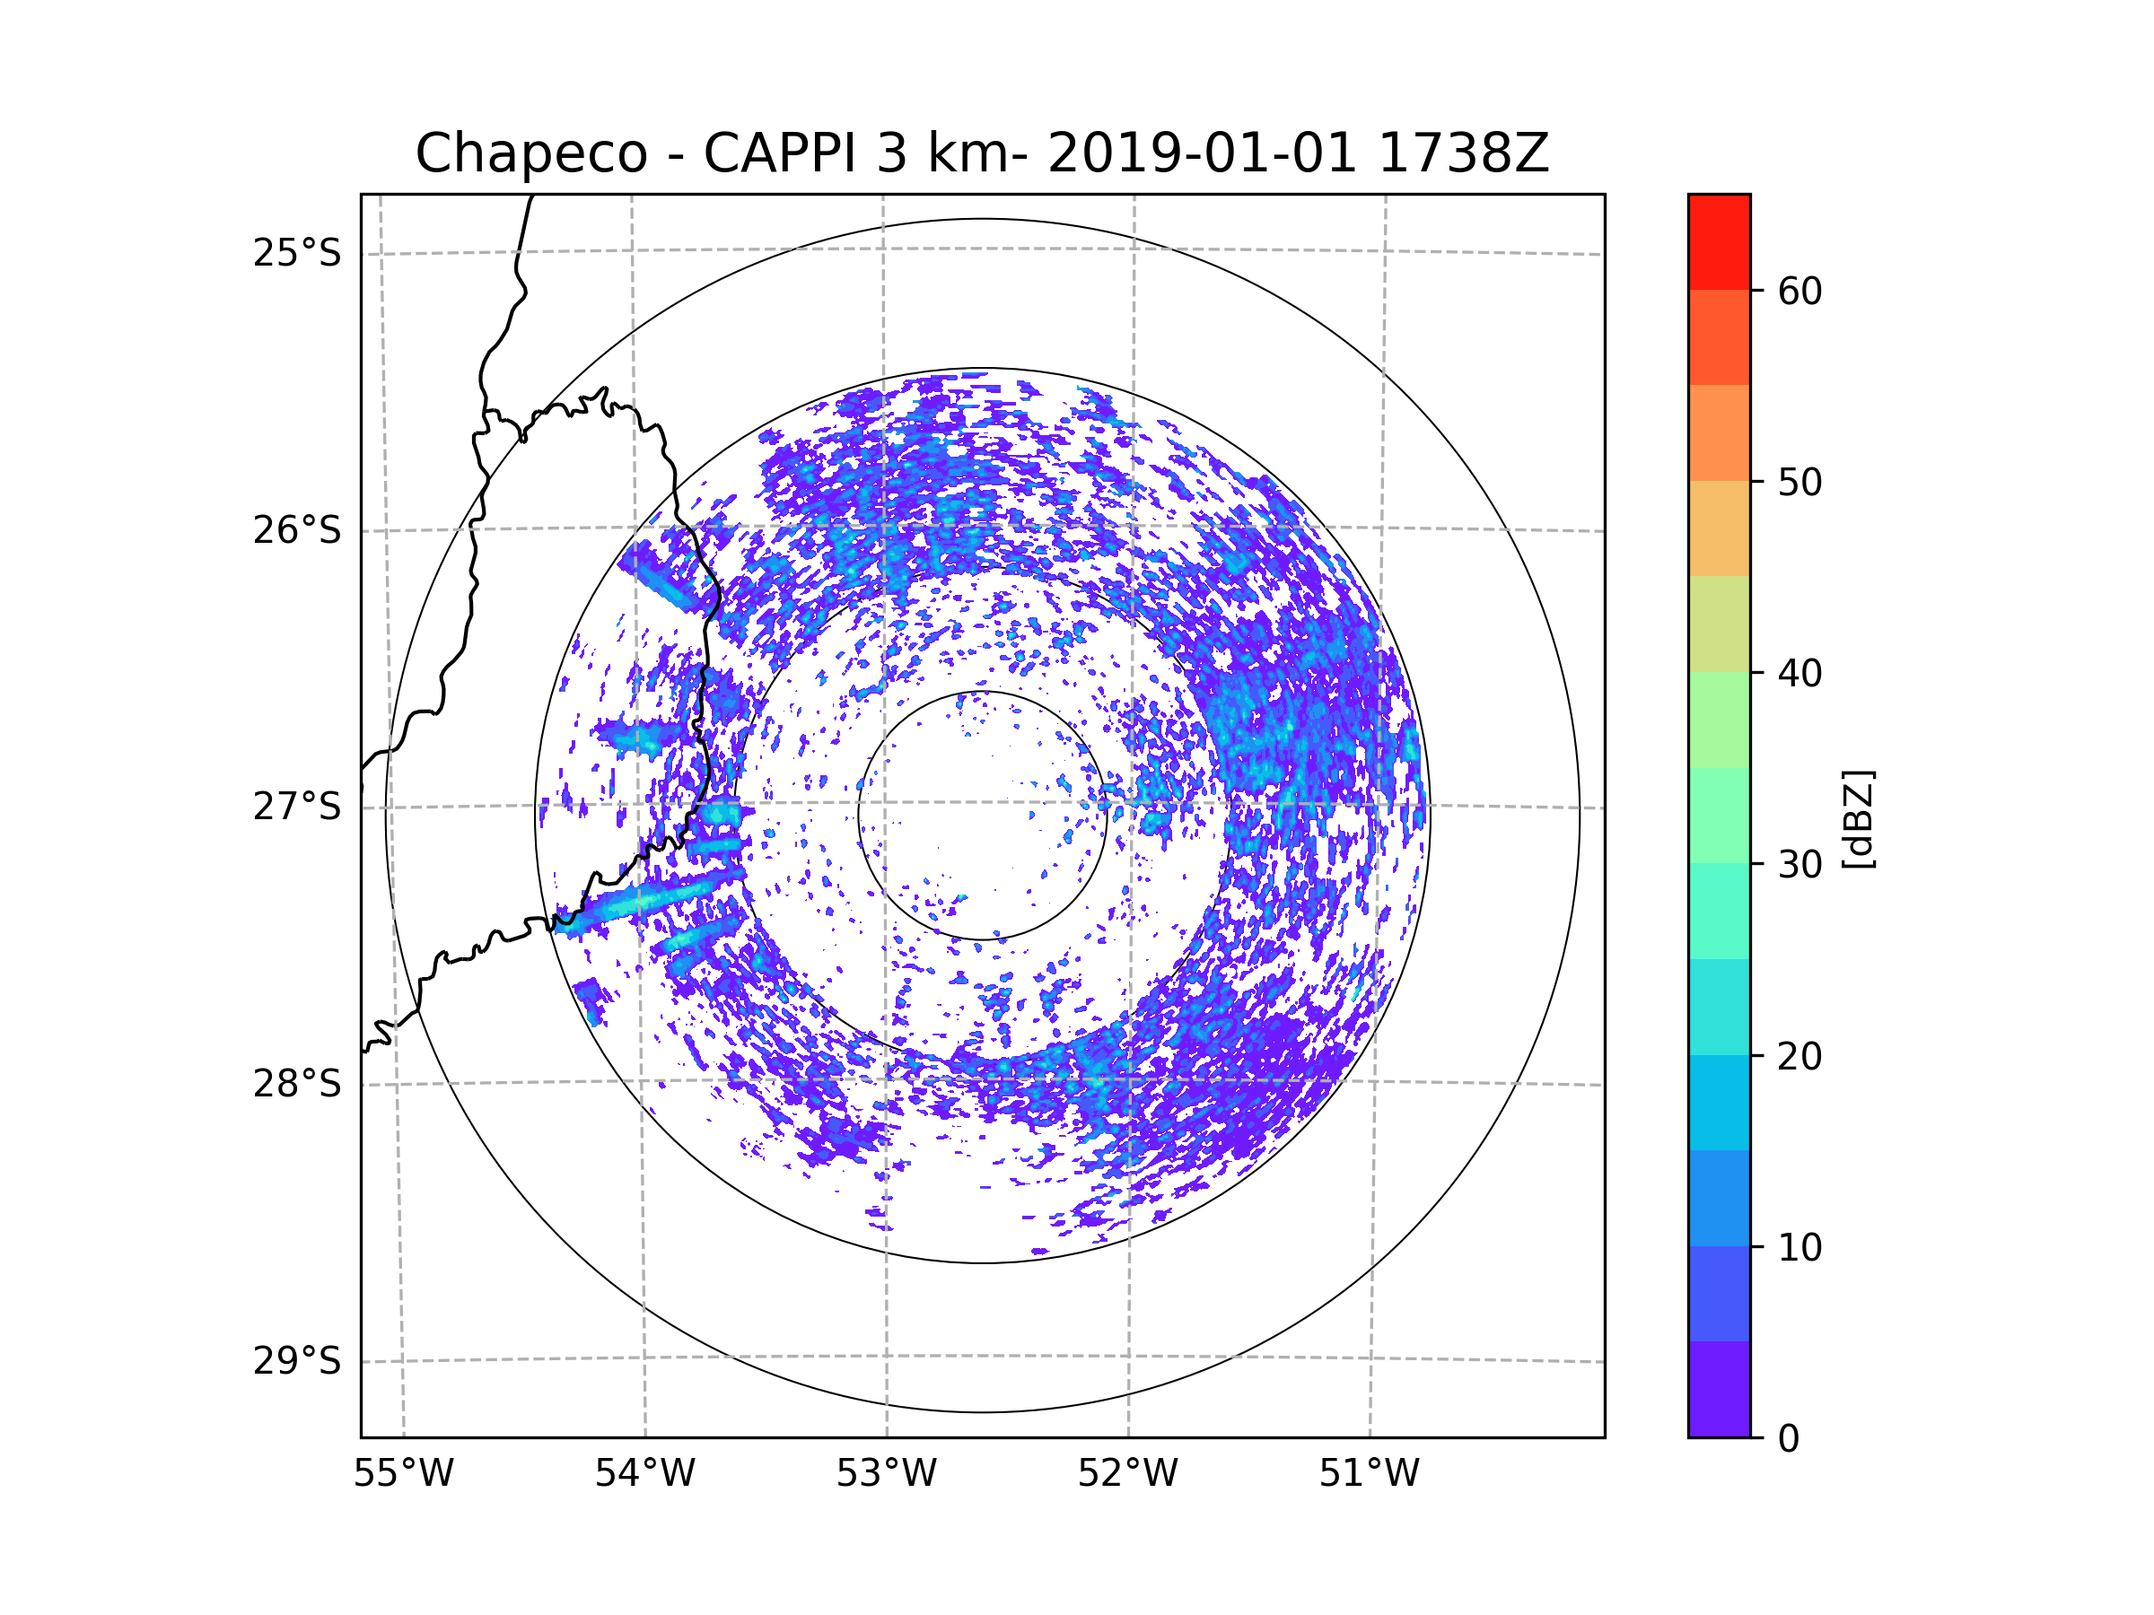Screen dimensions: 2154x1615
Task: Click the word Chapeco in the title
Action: (x=530, y=153)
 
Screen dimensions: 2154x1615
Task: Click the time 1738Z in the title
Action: (x=1464, y=153)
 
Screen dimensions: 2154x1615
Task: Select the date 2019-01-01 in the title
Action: (x=1202, y=153)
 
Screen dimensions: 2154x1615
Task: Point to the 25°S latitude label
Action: (x=297, y=253)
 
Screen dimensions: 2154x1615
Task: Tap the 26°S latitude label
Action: (x=297, y=530)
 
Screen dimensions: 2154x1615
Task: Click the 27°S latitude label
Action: (x=297, y=807)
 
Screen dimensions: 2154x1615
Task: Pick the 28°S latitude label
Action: (x=297, y=1084)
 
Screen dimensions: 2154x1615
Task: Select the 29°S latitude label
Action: (x=297, y=1361)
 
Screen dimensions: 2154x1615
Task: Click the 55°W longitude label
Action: (x=403, y=1474)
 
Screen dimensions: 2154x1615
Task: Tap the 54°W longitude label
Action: (x=644, y=1474)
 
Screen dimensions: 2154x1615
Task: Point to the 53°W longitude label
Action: (x=886, y=1474)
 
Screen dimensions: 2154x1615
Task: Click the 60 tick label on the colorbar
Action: (x=1799, y=291)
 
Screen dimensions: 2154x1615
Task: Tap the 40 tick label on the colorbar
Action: (x=1799, y=673)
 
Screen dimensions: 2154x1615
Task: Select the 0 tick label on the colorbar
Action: (x=1789, y=1439)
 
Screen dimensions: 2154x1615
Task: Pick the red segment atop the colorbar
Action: (x=1719, y=242)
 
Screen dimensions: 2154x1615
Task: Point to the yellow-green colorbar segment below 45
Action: (x=1719, y=624)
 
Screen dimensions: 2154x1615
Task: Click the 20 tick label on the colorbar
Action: (x=1799, y=1056)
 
